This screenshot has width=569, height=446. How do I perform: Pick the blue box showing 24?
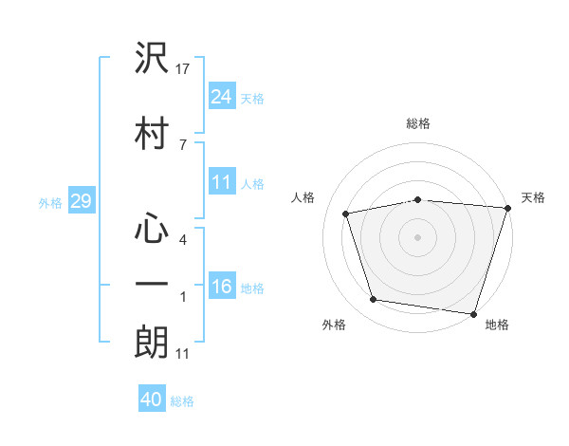pyautogui.click(x=222, y=96)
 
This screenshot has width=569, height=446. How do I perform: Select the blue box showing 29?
pyautogui.click(x=81, y=201)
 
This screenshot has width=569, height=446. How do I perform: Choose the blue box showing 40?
pyautogui.click(x=152, y=400)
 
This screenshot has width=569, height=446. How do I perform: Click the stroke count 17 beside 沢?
pyautogui.click(x=183, y=68)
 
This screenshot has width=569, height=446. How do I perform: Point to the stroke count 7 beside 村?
pyautogui.click(x=182, y=144)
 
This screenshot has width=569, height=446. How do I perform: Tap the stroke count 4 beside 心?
pyautogui.click(x=182, y=239)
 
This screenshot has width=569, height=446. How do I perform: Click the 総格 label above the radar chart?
pyautogui.click(x=418, y=123)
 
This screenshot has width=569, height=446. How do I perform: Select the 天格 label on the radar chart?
pyautogui.click(x=533, y=197)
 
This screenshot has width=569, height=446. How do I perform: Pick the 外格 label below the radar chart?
pyautogui.click(x=334, y=325)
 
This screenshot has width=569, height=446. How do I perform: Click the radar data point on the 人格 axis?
pyautogui.click(x=346, y=214)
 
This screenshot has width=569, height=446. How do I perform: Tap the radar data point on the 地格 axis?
pyautogui.click(x=474, y=313)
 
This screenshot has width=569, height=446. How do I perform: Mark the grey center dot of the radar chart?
pyautogui.click(x=418, y=236)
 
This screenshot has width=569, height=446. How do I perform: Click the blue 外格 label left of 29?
pyautogui.click(x=50, y=202)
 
